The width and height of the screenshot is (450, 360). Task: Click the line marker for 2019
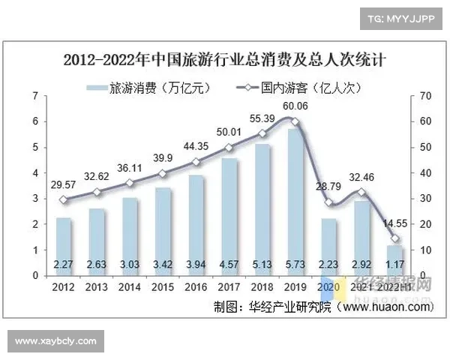(295, 121)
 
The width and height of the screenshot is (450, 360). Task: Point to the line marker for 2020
(328, 202)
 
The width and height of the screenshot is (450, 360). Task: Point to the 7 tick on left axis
(34, 96)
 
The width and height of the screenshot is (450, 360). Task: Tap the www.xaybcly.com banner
(56, 341)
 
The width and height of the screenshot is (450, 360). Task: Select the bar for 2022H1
(393, 259)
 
